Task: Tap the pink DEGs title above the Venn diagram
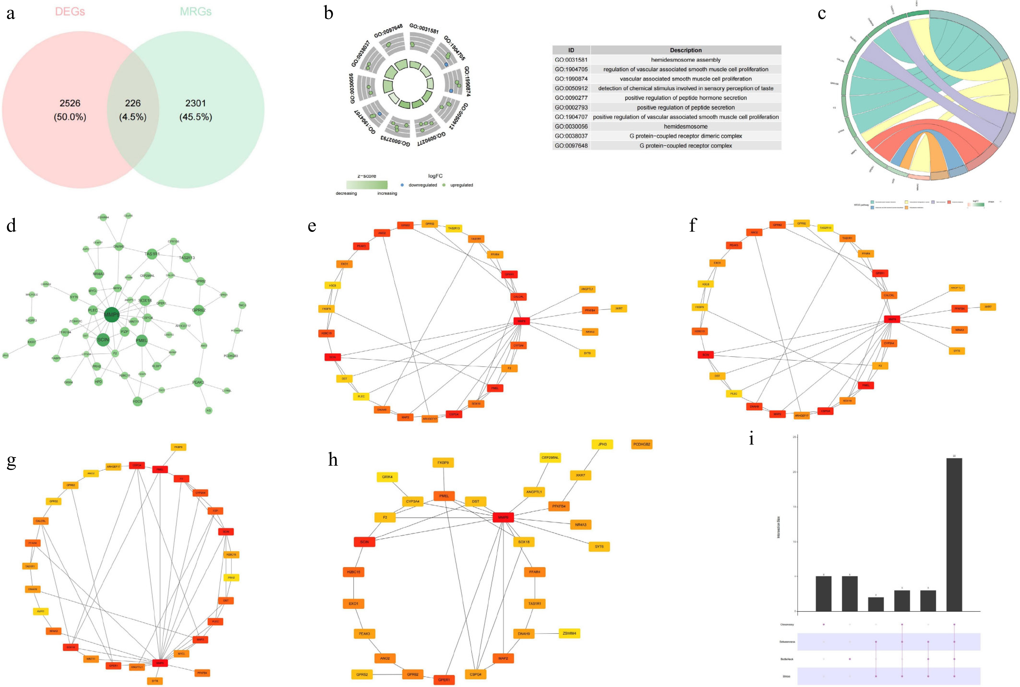point(70,12)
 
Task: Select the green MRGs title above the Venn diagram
point(196,12)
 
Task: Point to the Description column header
point(686,50)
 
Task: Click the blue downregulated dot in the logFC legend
point(402,185)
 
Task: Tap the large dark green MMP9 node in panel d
point(112,315)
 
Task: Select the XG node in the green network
point(209,411)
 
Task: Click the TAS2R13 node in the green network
point(186,258)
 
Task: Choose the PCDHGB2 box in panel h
point(642,444)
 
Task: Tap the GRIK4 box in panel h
point(387,477)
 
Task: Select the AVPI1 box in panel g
point(41,611)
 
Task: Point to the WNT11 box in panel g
point(91,659)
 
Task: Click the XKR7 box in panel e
point(618,308)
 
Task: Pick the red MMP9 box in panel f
point(892,319)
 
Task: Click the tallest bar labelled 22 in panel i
point(954,534)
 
